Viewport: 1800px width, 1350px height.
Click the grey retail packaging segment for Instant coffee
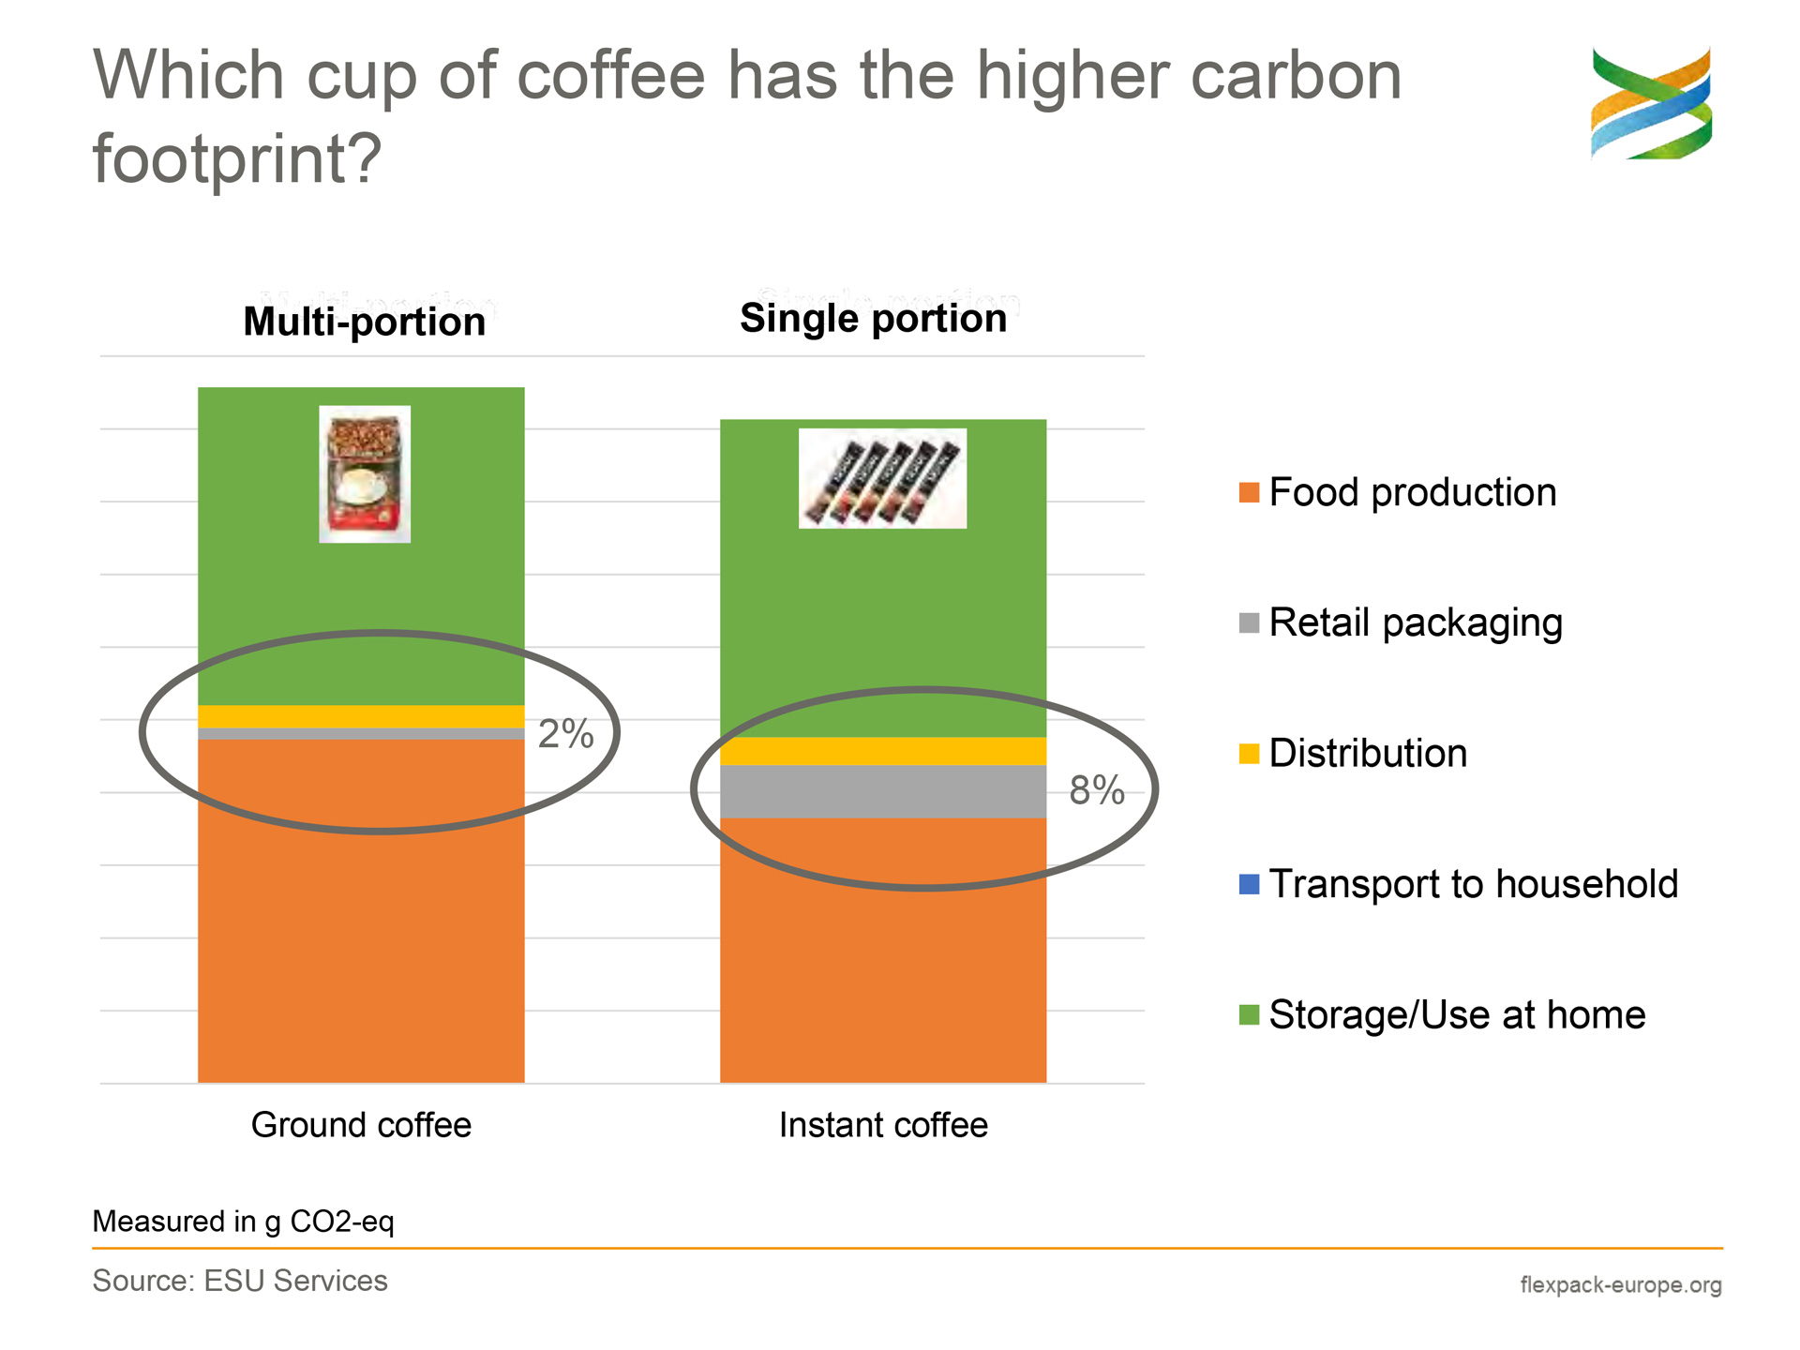click(x=882, y=791)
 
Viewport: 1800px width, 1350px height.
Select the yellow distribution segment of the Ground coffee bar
click(x=361, y=716)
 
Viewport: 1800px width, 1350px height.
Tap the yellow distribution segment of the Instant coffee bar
click(x=882, y=751)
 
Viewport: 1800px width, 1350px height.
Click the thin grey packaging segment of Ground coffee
click(x=361, y=734)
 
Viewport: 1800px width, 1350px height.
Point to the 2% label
click(x=565, y=734)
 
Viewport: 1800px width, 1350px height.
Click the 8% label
click(x=1097, y=790)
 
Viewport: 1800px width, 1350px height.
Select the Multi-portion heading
click(x=365, y=322)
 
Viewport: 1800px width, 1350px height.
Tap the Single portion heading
click(x=874, y=318)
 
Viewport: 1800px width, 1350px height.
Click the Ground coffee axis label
click(x=361, y=1125)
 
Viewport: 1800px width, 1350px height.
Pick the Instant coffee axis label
click(x=883, y=1125)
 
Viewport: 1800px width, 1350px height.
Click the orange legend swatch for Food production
click(x=1249, y=492)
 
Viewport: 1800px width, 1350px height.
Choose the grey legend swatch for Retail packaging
click(x=1249, y=622)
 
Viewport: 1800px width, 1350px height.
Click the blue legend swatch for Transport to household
click(x=1249, y=884)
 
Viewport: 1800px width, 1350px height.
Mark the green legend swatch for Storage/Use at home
click(x=1249, y=1014)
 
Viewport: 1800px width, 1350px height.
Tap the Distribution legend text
click(x=1368, y=754)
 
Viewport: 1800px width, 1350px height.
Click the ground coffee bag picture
click(x=365, y=473)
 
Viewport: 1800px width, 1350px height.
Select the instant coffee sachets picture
click(x=882, y=478)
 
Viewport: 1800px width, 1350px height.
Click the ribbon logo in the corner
click(x=1651, y=103)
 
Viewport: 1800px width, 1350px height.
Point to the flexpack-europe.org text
click(x=1621, y=1284)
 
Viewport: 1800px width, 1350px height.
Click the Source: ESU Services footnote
click(x=240, y=1281)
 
